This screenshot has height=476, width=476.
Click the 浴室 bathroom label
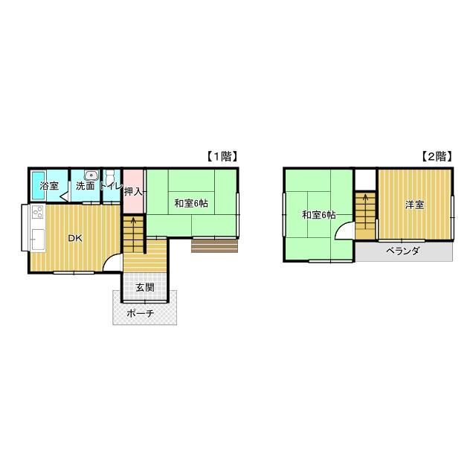[x=49, y=186]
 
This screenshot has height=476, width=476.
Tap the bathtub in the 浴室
[x=39, y=185]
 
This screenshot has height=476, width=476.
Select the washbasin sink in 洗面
[x=91, y=176]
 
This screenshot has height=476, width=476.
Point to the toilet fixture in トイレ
[x=109, y=177]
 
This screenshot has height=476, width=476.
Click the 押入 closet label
[x=133, y=192]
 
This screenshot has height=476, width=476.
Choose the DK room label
[x=75, y=238]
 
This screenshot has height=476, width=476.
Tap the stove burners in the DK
[x=38, y=212]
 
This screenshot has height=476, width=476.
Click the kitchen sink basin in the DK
[x=38, y=239]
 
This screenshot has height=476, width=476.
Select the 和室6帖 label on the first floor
[x=191, y=203]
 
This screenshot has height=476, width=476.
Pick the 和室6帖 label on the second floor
[x=319, y=215]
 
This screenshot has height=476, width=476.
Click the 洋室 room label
[x=415, y=205]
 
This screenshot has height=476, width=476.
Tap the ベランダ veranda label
[x=403, y=251]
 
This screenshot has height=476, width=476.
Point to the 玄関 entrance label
[x=145, y=287]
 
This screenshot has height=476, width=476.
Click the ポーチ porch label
[x=141, y=313]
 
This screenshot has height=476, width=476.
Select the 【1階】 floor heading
[x=222, y=156]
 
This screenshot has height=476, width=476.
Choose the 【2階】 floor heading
[x=437, y=156]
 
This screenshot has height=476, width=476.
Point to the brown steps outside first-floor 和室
[x=214, y=246]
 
